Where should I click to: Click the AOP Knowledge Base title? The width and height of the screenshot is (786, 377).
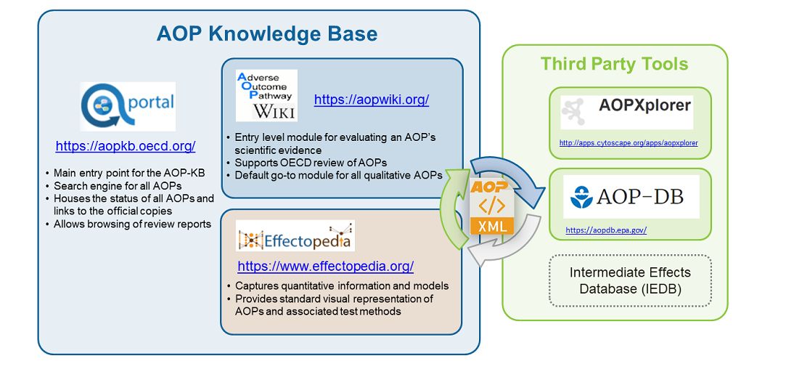click(x=266, y=34)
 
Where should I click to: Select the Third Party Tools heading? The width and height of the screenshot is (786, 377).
click(x=614, y=64)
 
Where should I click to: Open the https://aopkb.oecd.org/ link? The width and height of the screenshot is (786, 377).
click(x=125, y=146)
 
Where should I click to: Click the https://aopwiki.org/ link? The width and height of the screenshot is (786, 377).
click(x=371, y=100)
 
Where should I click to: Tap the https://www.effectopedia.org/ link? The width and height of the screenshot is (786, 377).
click(x=325, y=266)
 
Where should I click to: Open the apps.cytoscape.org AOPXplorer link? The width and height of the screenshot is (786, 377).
click(x=628, y=143)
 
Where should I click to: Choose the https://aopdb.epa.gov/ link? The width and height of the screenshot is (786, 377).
click(x=605, y=230)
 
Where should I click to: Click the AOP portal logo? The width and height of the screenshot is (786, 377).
click(x=128, y=107)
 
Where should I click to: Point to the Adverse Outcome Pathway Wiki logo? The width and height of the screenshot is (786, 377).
click(x=266, y=95)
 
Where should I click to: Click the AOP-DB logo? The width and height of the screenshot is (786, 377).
click(x=630, y=196)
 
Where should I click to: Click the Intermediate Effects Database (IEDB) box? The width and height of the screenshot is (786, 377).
click(x=629, y=280)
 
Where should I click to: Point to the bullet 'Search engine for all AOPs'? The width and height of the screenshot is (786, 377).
click(x=118, y=186)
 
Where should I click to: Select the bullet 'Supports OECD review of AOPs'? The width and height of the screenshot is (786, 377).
click(x=311, y=162)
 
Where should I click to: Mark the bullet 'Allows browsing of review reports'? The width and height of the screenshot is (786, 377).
click(x=132, y=224)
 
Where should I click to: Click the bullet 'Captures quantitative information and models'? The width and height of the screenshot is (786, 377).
click(x=342, y=285)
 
